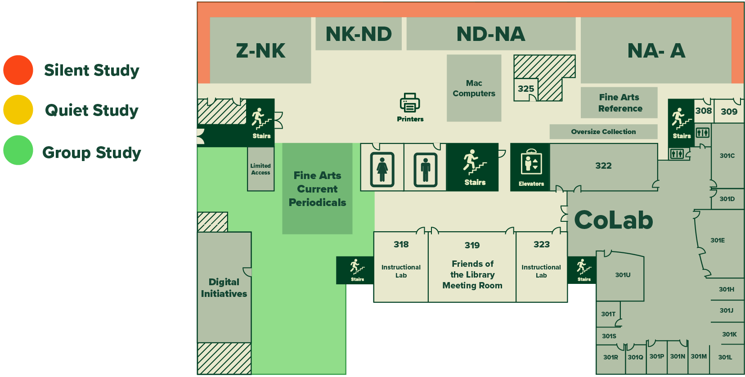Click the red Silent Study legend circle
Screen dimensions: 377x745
[18, 70]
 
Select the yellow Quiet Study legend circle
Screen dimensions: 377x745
[18, 110]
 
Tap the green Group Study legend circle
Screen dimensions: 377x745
[18, 150]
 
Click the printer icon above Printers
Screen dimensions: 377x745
[410, 103]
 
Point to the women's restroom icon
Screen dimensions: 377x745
[382, 169]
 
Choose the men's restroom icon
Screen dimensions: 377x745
[425, 169]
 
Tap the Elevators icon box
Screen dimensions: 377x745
[531, 167]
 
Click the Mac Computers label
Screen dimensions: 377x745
[474, 88]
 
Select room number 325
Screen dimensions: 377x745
[525, 89]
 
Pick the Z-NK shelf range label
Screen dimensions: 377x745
[260, 51]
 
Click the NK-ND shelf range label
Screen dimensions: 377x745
[359, 34]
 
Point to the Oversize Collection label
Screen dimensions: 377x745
[603, 132]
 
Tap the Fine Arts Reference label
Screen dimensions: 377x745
[619, 103]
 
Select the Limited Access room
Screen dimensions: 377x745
[260, 169]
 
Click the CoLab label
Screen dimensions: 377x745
[614, 220]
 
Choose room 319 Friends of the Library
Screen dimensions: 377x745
[472, 268]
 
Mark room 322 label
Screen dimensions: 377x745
[603, 166]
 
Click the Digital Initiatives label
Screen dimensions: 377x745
[224, 287]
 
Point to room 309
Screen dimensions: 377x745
[729, 112]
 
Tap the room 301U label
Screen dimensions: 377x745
[623, 275]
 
